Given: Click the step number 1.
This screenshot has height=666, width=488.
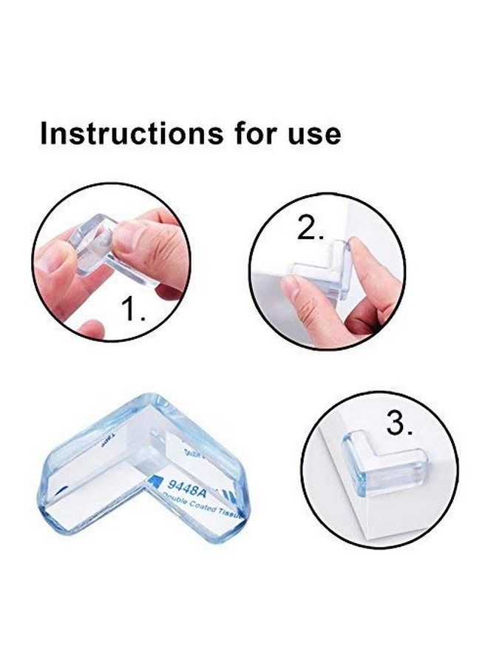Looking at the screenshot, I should tap(136, 309).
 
